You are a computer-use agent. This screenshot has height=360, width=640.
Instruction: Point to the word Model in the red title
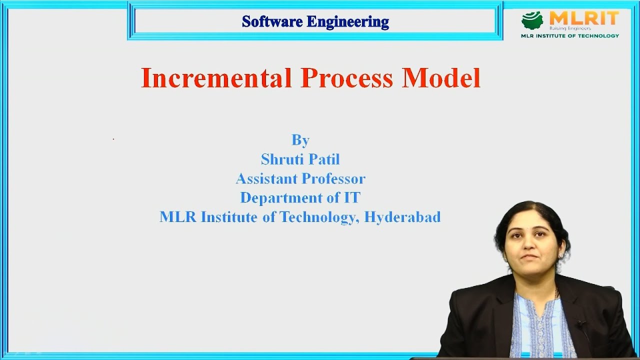point(441,78)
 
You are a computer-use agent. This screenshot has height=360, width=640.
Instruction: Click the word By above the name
point(300,140)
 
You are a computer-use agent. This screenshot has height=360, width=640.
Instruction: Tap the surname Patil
point(324,159)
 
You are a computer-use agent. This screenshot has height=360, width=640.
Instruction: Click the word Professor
point(333,178)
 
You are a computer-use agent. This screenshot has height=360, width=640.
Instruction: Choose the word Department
point(281,197)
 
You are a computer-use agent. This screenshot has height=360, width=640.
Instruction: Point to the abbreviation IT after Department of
point(351,197)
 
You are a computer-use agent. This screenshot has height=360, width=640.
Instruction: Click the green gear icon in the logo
point(532,20)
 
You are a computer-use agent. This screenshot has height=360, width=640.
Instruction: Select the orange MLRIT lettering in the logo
point(583,18)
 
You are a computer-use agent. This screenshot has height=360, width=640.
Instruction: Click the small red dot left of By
point(113,139)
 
